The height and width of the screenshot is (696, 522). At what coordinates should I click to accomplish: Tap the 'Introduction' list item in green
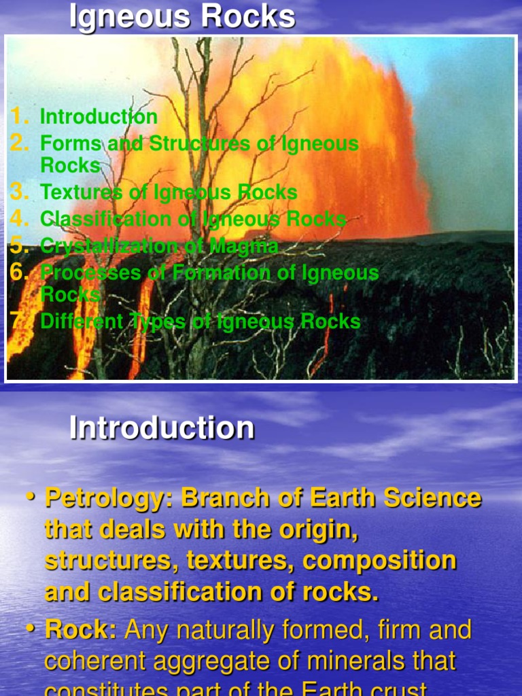click(99, 117)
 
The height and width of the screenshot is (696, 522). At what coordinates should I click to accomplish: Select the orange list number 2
click(20, 143)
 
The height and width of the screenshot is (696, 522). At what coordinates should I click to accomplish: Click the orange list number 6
click(20, 273)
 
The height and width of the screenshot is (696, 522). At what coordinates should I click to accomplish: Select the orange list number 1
click(20, 117)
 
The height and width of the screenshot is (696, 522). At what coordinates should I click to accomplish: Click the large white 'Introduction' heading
click(162, 428)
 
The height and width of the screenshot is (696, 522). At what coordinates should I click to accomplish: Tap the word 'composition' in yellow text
click(379, 561)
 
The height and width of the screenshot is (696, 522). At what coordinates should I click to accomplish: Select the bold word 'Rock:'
click(81, 630)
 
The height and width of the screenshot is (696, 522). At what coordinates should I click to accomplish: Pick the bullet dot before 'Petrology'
click(31, 498)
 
